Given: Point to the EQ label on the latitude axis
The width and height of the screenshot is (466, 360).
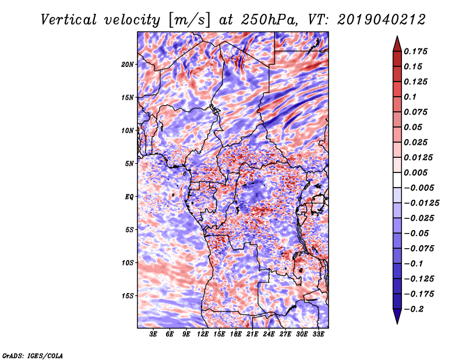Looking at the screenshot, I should (x=129, y=197).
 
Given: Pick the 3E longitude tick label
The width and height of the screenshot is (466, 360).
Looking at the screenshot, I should (x=154, y=334).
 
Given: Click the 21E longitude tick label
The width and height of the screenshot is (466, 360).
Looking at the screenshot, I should (x=252, y=334).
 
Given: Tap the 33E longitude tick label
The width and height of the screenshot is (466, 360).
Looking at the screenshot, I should (x=318, y=334).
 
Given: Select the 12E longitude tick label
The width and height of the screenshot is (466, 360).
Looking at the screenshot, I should (x=203, y=334).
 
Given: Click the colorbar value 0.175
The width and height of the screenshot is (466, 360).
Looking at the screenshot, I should (x=418, y=51).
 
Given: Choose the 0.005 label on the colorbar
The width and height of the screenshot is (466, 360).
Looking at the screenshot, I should (x=418, y=172).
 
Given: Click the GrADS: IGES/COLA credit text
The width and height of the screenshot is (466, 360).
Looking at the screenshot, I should (x=32, y=355).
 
